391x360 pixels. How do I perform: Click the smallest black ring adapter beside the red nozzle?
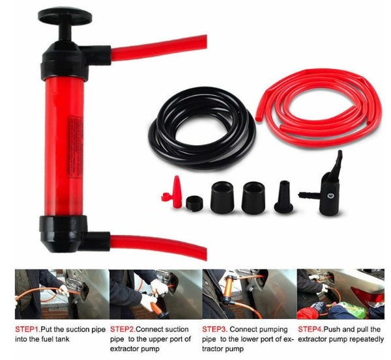[194, 202]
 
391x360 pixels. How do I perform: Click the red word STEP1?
[28, 328]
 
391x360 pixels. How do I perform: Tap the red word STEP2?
[124, 328]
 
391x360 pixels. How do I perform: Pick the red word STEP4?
[311, 328]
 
